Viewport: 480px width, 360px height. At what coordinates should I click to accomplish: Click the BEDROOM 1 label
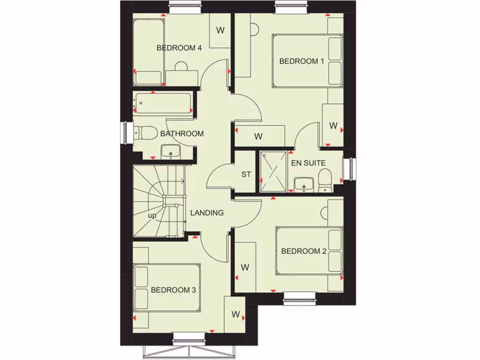pos(301,61)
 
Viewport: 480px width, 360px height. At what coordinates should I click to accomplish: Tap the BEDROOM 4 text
pos(179,47)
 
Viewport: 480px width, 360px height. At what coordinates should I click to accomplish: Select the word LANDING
pos(207,213)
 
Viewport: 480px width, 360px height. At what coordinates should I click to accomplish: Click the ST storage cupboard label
pos(246,174)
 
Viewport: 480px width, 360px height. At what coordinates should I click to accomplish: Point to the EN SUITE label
pos(308,163)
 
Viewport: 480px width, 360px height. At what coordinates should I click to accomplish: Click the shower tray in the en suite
pos(273,171)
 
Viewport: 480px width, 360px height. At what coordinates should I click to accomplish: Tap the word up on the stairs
pos(152,216)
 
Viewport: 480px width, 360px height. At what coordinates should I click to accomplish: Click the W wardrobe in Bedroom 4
pos(220,30)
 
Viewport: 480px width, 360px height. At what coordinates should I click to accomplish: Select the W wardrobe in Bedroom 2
pos(245,267)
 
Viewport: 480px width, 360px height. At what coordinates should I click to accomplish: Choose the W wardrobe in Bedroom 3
pos(235,314)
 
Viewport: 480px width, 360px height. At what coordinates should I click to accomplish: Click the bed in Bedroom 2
pos(309,251)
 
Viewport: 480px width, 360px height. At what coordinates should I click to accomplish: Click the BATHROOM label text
pos(182,134)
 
